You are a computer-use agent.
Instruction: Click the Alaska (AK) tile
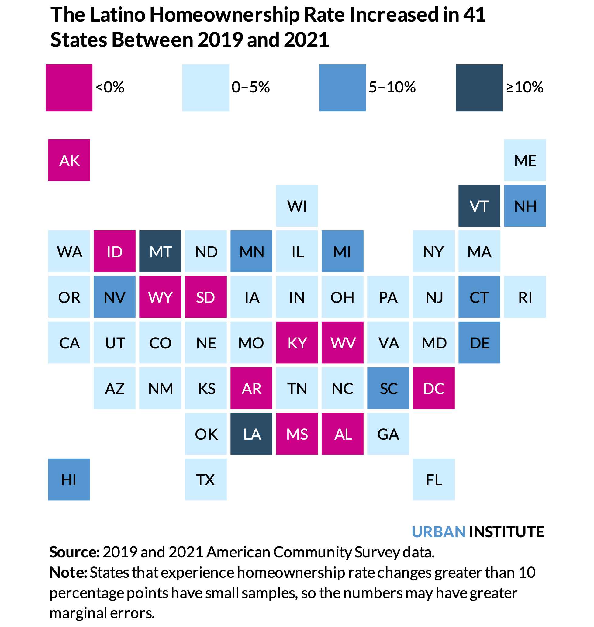(x=69, y=160)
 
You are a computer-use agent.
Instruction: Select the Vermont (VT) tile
(x=479, y=206)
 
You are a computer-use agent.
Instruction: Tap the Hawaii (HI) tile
(x=69, y=480)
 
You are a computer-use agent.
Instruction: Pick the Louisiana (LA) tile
(x=251, y=434)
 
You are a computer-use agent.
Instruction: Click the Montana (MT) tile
(x=160, y=251)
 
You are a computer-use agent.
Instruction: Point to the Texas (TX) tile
(x=206, y=480)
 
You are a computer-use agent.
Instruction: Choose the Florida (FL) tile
(x=433, y=480)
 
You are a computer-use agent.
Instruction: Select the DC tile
(x=433, y=388)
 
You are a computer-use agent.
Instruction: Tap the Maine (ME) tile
(x=525, y=160)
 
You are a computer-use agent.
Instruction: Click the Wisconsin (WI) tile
(x=297, y=206)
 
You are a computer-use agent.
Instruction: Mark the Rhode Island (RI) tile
(x=525, y=297)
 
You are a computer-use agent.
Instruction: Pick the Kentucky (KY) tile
(x=297, y=343)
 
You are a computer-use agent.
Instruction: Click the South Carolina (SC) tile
(x=388, y=388)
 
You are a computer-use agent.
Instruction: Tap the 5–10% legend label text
(x=392, y=87)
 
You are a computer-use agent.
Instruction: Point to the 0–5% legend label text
(x=250, y=87)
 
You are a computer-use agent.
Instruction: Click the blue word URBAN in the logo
(x=438, y=532)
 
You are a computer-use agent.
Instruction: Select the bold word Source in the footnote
(x=74, y=552)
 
